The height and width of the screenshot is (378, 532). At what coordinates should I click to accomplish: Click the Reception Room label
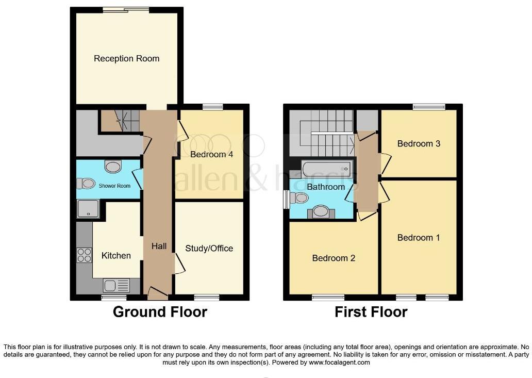coord(126,58)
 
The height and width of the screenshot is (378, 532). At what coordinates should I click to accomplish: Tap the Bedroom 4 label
coord(208,154)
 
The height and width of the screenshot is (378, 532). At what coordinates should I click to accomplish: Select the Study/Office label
coord(209,248)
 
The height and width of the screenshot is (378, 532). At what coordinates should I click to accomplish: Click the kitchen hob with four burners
coord(84,255)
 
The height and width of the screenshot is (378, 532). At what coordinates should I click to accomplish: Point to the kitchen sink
coord(117,285)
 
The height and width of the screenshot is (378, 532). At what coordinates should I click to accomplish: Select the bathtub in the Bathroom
coord(327,169)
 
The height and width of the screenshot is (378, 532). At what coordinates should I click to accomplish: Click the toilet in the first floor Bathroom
coord(300,198)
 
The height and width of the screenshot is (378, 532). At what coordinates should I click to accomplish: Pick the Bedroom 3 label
coord(419,143)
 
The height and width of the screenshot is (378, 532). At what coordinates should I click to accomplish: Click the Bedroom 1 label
coord(419,237)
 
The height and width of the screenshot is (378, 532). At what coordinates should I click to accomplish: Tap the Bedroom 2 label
coord(334,258)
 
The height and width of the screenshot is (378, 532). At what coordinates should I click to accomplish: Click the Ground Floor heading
coord(160,311)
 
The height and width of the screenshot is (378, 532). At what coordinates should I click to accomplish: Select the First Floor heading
coord(371,311)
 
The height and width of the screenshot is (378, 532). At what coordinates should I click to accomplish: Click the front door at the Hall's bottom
coord(158,294)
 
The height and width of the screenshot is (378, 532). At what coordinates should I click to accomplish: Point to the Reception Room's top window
coord(126,9)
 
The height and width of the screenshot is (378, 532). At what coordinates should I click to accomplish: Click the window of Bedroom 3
coord(429,107)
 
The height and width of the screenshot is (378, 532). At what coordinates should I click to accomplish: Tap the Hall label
coord(159,246)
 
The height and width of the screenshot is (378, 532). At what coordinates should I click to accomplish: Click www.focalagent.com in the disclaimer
coord(339,363)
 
